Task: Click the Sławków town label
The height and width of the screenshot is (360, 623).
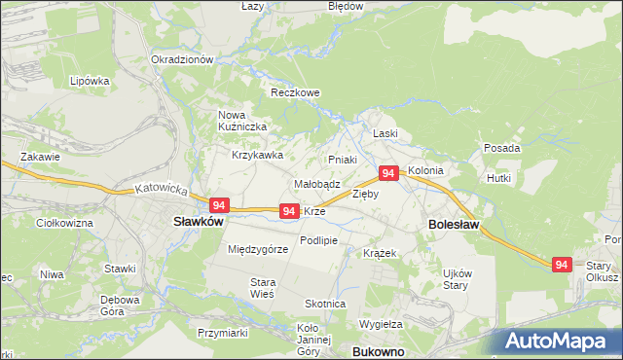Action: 199,222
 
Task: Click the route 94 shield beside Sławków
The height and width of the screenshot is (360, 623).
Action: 219,205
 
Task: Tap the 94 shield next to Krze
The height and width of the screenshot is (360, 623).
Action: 288,210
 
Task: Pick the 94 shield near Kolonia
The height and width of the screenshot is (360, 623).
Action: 388,173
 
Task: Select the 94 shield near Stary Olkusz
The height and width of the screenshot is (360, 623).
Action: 561,264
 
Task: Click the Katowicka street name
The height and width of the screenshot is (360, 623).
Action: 160,189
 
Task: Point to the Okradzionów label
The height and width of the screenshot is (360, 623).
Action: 182,59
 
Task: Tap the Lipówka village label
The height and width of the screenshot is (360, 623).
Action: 89,81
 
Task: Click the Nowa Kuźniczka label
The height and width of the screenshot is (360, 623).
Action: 237,120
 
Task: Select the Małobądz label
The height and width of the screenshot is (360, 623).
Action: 316,183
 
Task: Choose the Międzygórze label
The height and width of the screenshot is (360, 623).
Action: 258,249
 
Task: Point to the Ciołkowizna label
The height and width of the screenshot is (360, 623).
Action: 63,224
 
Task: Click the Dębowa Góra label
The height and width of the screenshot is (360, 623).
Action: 122,306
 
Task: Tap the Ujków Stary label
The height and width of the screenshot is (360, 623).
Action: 457,280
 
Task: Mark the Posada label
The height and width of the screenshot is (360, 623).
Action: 501,148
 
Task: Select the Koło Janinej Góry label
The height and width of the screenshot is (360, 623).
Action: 314,340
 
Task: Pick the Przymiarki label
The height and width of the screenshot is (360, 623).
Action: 223,333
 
